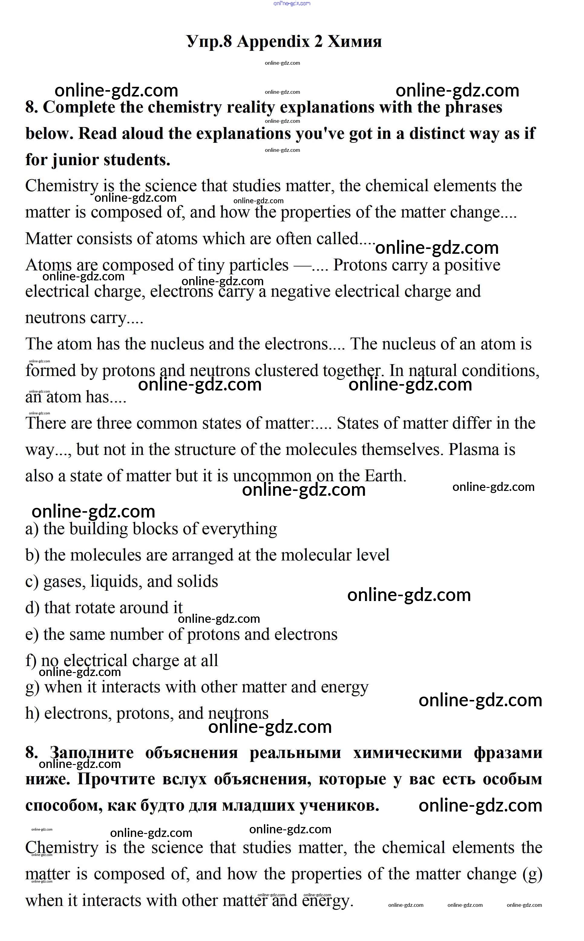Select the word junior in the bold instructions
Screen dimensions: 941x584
click(74, 159)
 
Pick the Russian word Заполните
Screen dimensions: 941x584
click(92, 753)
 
